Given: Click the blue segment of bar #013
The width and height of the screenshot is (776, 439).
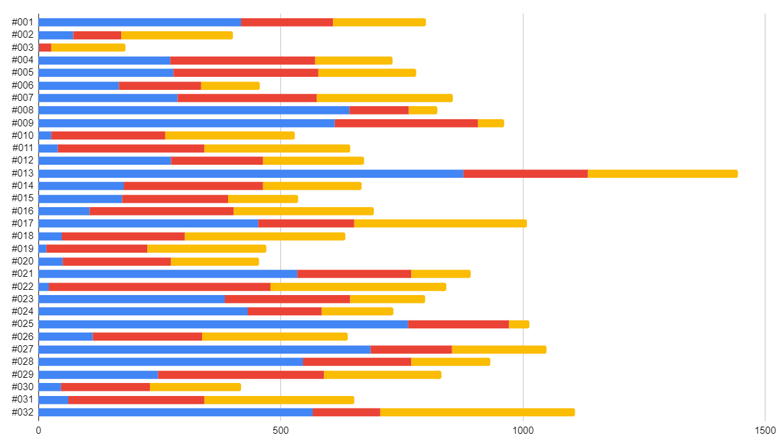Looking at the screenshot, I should tap(251, 173).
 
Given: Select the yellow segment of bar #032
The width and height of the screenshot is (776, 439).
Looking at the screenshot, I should tap(477, 412).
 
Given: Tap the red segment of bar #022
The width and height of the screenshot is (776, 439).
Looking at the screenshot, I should tap(160, 287).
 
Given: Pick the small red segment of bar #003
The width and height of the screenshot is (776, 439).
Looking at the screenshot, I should tap(45, 48).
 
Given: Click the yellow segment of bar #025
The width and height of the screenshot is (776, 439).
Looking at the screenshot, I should tap(519, 324).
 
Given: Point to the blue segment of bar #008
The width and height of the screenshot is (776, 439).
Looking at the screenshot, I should tap(194, 110).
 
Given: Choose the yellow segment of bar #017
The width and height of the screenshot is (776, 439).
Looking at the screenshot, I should tap(440, 223).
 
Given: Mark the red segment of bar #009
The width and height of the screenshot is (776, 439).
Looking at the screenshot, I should tap(406, 123).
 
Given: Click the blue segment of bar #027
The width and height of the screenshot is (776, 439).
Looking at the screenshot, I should tap(205, 349).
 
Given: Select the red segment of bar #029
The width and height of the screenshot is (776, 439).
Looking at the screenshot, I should tap(240, 375).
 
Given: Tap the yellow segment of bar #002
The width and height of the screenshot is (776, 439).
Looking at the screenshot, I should tap(177, 35).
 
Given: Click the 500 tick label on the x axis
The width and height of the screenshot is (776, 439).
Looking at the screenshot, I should tap(280, 430).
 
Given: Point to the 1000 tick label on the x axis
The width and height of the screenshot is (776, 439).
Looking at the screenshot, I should tap(523, 430).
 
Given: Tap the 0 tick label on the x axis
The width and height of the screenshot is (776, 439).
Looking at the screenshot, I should tap(38, 430).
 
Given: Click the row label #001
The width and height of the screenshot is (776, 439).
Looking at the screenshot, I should tap(23, 22).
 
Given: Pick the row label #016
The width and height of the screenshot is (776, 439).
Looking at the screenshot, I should tap(23, 211).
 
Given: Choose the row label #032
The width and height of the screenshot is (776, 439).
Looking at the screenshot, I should tap(23, 412).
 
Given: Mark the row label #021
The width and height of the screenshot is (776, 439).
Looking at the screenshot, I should tap(23, 274).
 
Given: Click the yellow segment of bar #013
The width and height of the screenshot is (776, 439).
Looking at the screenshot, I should tap(662, 173).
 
